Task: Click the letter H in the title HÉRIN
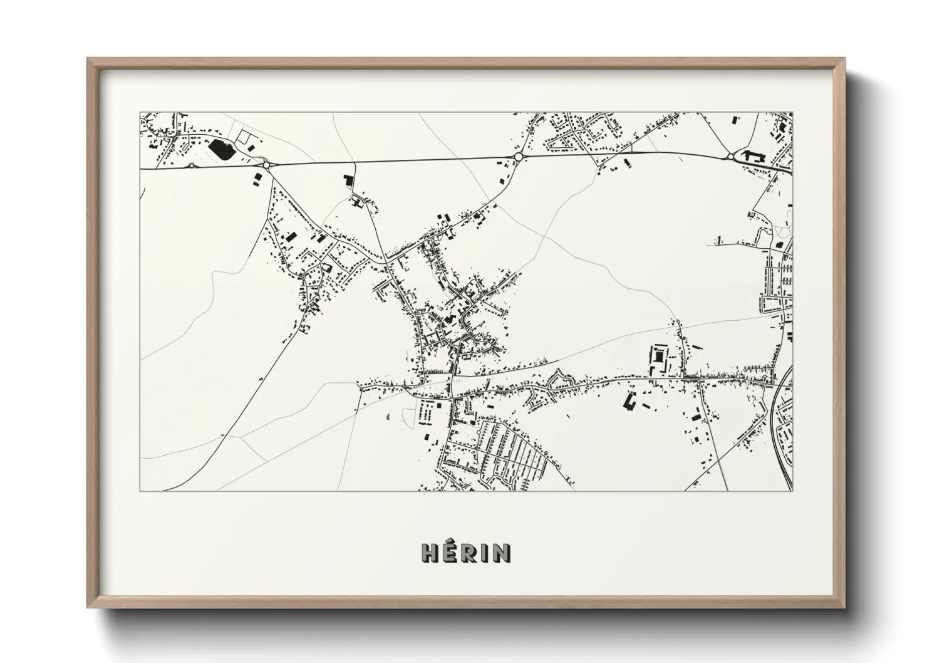click(x=430, y=552)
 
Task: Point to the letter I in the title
click(x=484, y=552)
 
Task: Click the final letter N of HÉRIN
click(x=501, y=552)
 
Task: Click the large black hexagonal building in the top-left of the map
click(x=220, y=149)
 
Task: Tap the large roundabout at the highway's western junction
click(x=267, y=165)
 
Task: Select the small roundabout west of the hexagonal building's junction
click(x=191, y=165)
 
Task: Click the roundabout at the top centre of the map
click(x=518, y=156)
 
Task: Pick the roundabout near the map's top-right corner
click(x=730, y=156)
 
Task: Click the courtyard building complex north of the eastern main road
click(x=658, y=357)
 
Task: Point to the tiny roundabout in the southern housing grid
click(x=478, y=432)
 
